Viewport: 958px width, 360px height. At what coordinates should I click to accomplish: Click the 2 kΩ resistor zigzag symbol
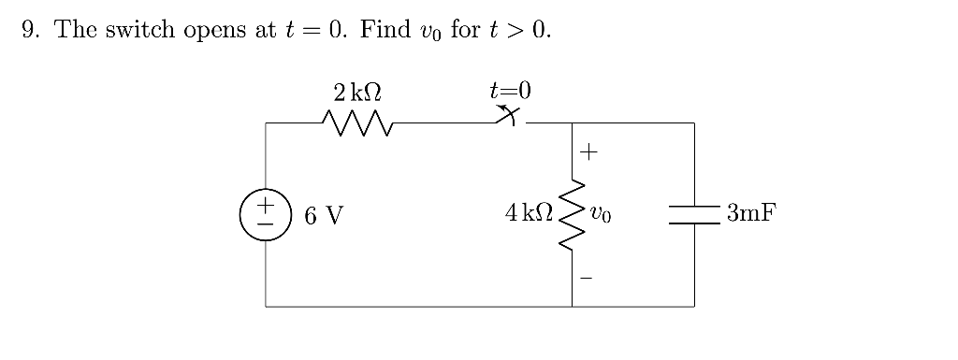coord(357,122)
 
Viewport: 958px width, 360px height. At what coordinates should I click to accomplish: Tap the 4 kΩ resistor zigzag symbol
coord(572,214)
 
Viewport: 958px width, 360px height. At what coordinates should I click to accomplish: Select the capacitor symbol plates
coord(694,214)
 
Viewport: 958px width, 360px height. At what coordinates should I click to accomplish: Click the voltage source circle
coord(266,214)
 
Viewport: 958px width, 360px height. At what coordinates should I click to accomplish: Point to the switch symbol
coord(510,117)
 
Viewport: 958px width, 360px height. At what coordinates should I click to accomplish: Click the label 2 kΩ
coord(357,92)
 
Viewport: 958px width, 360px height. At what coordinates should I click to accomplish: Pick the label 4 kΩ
coord(527,214)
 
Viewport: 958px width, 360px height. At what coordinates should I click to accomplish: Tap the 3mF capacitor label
coord(751,214)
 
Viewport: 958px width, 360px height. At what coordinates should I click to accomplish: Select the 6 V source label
coord(324,215)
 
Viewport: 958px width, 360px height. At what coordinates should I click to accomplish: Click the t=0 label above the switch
coord(510,91)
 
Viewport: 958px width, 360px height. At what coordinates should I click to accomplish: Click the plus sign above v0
coord(591,150)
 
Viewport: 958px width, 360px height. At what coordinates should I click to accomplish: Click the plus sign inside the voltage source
coord(266,204)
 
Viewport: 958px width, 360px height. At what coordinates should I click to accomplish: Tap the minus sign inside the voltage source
coord(266,224)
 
